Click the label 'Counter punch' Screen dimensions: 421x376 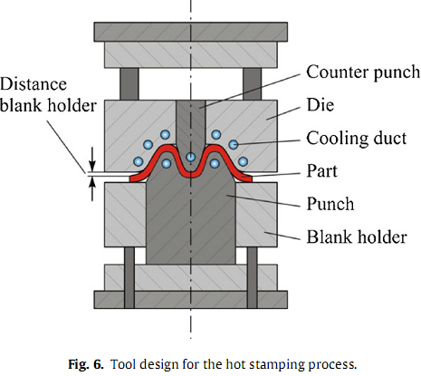[363, 72]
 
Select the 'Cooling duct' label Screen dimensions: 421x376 [357, 139]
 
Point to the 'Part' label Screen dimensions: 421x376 [321, 170]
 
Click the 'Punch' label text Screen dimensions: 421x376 [330, 204]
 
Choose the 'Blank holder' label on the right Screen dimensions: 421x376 [357, 236]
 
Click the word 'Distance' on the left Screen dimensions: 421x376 [33, 84]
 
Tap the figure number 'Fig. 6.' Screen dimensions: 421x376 [86, 364]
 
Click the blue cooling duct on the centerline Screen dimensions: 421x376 [190, 157]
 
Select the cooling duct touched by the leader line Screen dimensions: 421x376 [234, 145]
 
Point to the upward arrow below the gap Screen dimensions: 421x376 [92, 188]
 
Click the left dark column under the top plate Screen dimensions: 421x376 [129, 83]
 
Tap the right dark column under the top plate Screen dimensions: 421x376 [252, 83]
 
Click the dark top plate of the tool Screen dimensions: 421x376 [190, 32]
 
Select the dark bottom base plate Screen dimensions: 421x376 [190, 299]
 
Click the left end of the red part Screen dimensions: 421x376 [131, 179]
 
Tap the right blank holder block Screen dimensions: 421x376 [256, 215]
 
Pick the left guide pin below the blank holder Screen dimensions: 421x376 [129, 277]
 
